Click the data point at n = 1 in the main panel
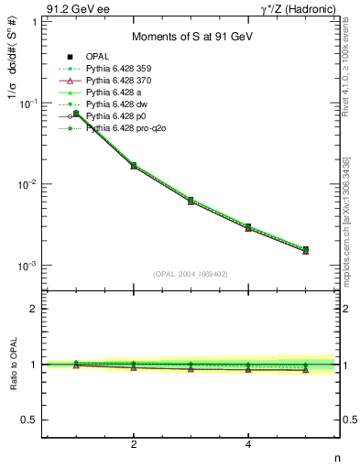[77, 114]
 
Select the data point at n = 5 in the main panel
[305, 249]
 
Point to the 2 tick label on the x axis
[134, 445]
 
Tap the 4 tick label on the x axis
[248, 445]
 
